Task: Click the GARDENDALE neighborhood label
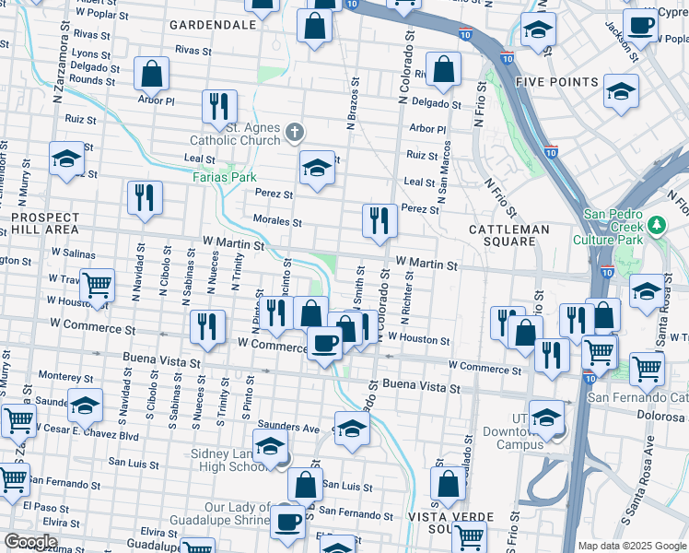(213, 25)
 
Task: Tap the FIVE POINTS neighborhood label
(556, 81)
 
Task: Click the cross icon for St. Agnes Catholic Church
(294, 133)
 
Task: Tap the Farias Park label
(224, 175)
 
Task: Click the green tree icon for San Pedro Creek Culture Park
(656, 224)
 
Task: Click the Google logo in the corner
(31, 541)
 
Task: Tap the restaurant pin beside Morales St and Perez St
(379, 220)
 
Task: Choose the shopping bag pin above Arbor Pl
(151, 73)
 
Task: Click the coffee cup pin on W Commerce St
(323, 345)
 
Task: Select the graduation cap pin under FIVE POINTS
(622, 91)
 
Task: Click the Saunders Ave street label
(287, 427)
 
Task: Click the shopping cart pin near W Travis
(97, 286)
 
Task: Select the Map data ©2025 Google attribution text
(631, 546)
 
